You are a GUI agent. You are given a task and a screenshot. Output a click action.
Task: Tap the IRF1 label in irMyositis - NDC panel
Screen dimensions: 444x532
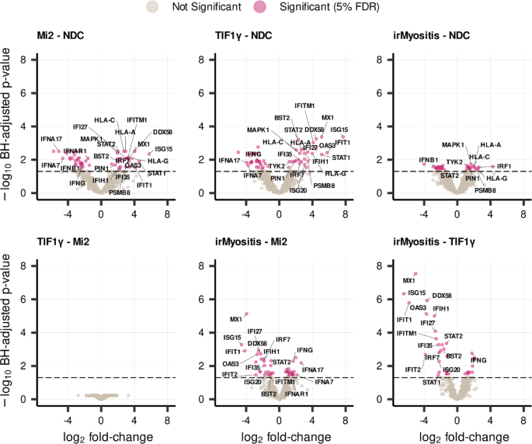click(504, 166)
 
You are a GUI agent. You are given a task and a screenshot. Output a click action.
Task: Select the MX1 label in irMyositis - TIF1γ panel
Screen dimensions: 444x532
click(409, 280)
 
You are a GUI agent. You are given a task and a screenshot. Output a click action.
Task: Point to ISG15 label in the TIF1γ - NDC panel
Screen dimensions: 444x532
click(339, 130)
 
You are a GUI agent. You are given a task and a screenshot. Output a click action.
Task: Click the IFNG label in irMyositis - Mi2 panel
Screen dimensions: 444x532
click(304, 351)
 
